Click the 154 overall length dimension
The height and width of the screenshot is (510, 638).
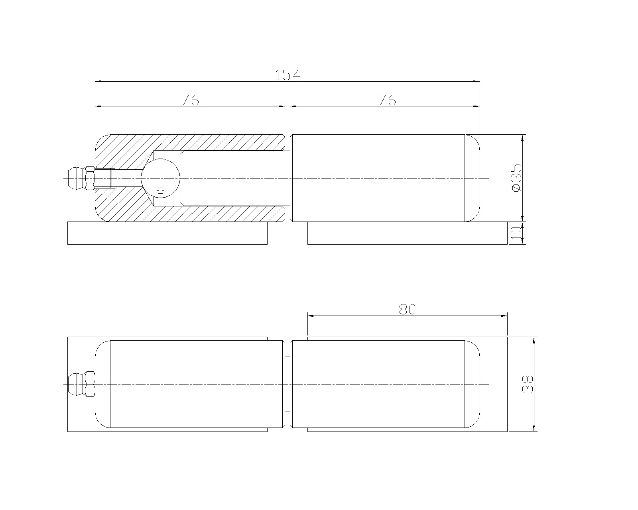click(x=287, y=75)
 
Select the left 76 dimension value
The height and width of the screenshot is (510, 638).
click(x=190, y=100)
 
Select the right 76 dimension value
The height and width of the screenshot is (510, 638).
click(x=387, y=100)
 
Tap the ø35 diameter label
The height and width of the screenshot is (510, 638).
click(x=516, y=178)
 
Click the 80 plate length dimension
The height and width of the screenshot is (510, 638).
click(x=408, y=309)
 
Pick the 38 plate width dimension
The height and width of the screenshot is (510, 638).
click(x=528, y=384)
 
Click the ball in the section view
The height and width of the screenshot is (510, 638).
click(x=160, y=178)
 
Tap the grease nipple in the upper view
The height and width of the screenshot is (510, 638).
click(x=81, y=178)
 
